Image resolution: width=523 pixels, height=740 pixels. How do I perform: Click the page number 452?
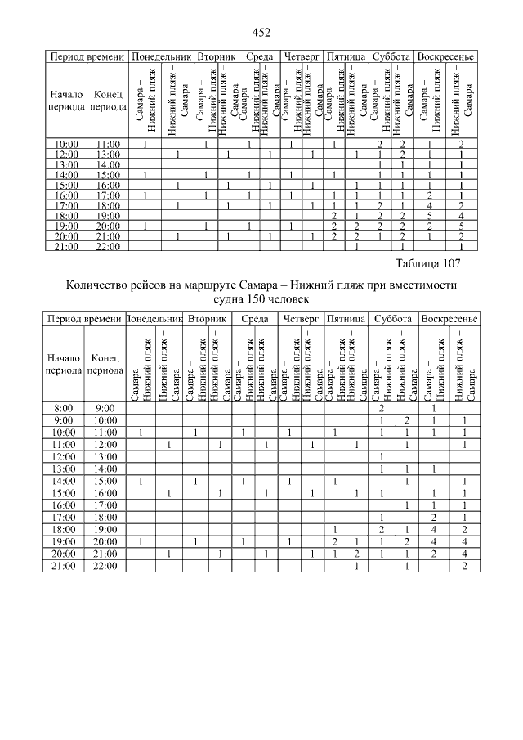click(x=261, y=32)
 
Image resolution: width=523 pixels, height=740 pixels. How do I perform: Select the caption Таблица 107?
click(x=428, y=263)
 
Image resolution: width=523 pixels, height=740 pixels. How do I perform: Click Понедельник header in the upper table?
click(x=161, y=57)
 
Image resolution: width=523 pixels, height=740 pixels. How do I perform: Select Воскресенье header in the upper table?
click(x=445, y=57)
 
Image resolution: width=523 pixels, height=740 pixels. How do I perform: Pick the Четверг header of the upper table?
click(x=302, y=57)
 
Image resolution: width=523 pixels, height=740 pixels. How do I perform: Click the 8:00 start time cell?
click(x=63, y=407)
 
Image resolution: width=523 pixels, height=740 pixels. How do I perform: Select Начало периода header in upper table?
click(x=66, y=100)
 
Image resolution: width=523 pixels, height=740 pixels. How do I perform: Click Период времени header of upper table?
click(x=87, y=57)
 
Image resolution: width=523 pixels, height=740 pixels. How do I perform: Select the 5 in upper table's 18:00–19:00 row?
click(x=430, y=215)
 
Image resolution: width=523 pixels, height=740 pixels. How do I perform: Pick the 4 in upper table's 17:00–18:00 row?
click(x=430, y=205)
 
